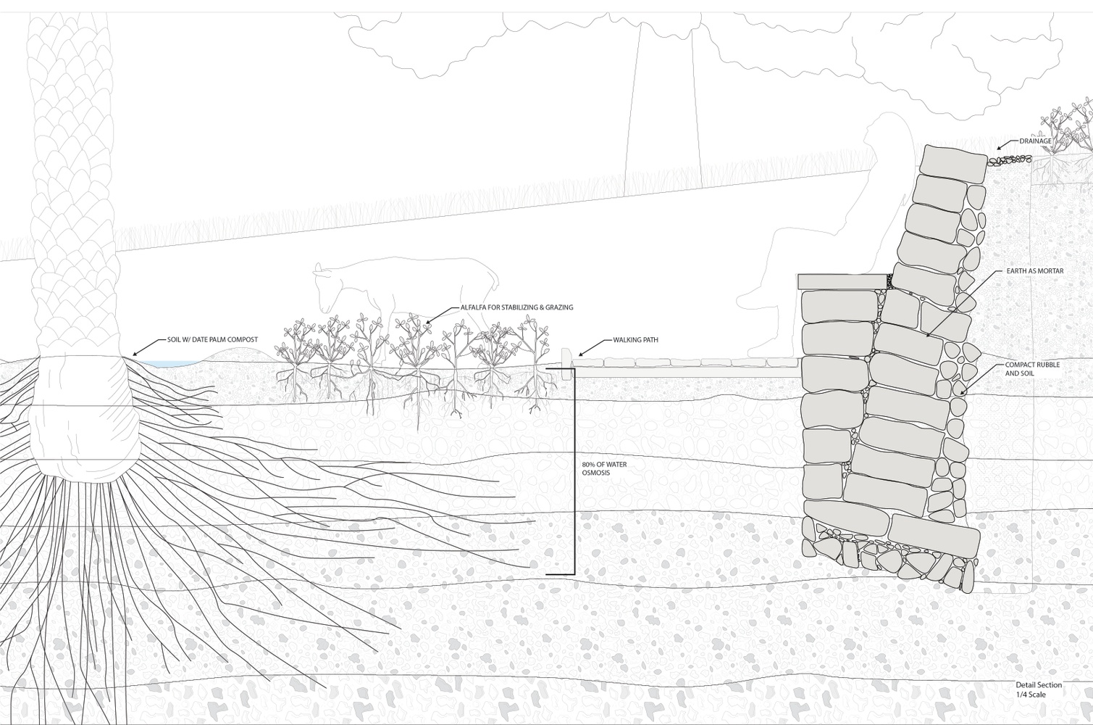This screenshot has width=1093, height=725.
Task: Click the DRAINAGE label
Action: [x=1035, y=141]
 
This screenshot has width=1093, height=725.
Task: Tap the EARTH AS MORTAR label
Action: [x=1028, y=270]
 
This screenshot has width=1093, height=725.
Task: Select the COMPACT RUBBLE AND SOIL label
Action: [x=1025, y=369]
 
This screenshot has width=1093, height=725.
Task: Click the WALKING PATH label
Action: [x=635, y=339]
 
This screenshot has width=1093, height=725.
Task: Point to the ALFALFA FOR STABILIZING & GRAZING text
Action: [x=516, y=307]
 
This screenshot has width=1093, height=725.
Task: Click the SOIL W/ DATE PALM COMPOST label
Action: [x=212, y=339]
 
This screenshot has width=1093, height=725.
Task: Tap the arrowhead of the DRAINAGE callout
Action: [x=999, y=148]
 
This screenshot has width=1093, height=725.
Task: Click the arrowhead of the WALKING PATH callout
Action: [x=581, y=355]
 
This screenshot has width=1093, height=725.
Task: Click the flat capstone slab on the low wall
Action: [x=842, y=281]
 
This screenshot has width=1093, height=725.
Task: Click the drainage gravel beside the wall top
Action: [x=1009, y=160]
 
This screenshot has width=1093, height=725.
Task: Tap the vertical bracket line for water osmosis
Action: [x=574, y=471]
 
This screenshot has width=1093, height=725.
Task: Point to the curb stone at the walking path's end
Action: [x=566, y=364]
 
